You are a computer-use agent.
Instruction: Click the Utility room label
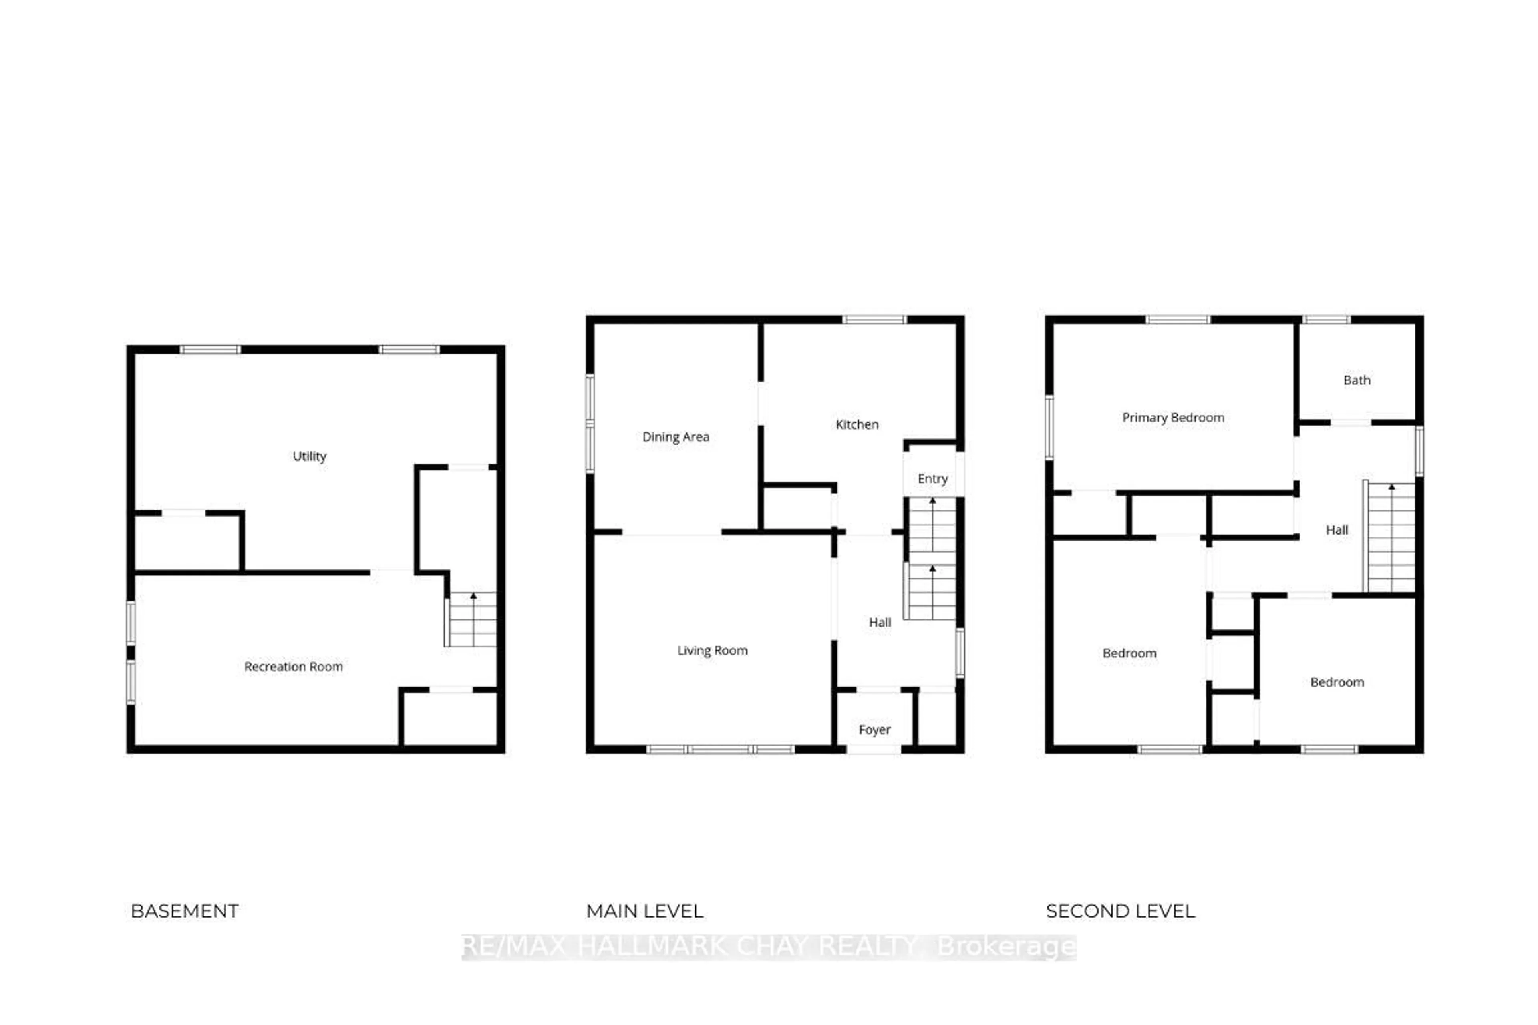coord(309,456)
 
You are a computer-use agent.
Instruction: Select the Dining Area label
coord(676,437)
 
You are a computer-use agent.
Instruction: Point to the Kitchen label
coord(857,425)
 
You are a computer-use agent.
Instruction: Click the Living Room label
coord(712,650)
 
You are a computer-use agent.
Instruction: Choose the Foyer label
coord(874,730)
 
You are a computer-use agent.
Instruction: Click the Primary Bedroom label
coord(1173,418)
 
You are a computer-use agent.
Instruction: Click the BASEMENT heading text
coord(184,911)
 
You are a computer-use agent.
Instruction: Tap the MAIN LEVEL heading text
coord(644,911)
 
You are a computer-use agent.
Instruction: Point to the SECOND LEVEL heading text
coord(1120,911)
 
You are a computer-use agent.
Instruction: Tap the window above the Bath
coord(1326,320)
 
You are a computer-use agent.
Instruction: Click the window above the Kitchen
coord(874,320)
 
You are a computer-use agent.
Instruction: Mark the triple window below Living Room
coord(720,749)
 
